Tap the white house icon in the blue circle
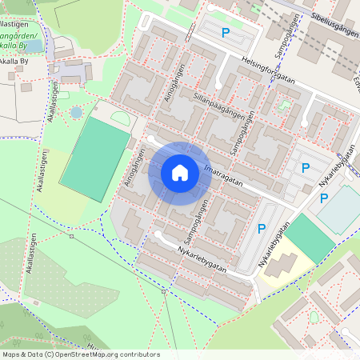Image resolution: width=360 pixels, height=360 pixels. coord(180,173)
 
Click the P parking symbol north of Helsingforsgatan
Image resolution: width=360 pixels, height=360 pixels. coord(226,33)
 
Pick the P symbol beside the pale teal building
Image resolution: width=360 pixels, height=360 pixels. coord(324,198)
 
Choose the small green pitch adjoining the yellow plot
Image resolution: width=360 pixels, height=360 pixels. coord(310,237)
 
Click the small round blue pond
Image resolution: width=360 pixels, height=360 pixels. coord(76,113)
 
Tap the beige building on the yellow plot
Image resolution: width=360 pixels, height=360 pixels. coord(286,266)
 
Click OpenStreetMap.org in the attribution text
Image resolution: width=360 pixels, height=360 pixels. coord(87,354)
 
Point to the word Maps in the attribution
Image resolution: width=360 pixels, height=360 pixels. coord(11,354)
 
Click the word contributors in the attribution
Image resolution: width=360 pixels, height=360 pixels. coord(139,354)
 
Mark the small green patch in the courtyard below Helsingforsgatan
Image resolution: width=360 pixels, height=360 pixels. coord(284,105)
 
